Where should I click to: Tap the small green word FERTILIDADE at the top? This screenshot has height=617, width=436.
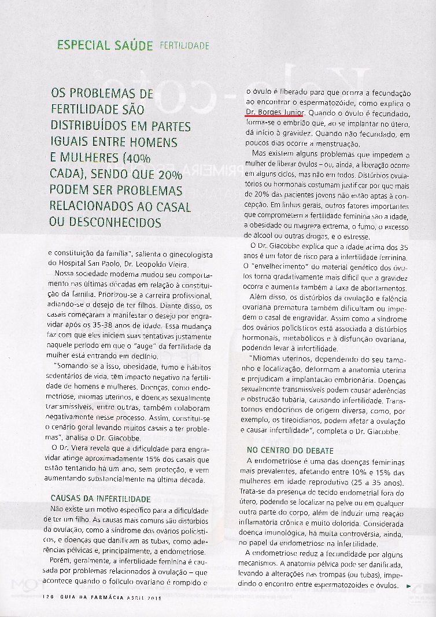pos(184,45)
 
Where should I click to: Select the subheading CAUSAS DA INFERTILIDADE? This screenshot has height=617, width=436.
pos(101,498)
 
